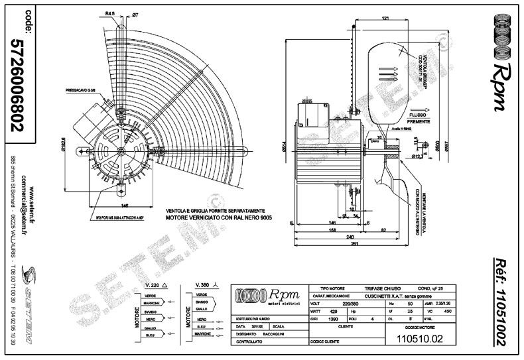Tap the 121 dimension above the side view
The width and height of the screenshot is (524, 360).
pos(385,18)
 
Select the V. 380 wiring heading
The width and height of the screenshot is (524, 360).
pos(204,284)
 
